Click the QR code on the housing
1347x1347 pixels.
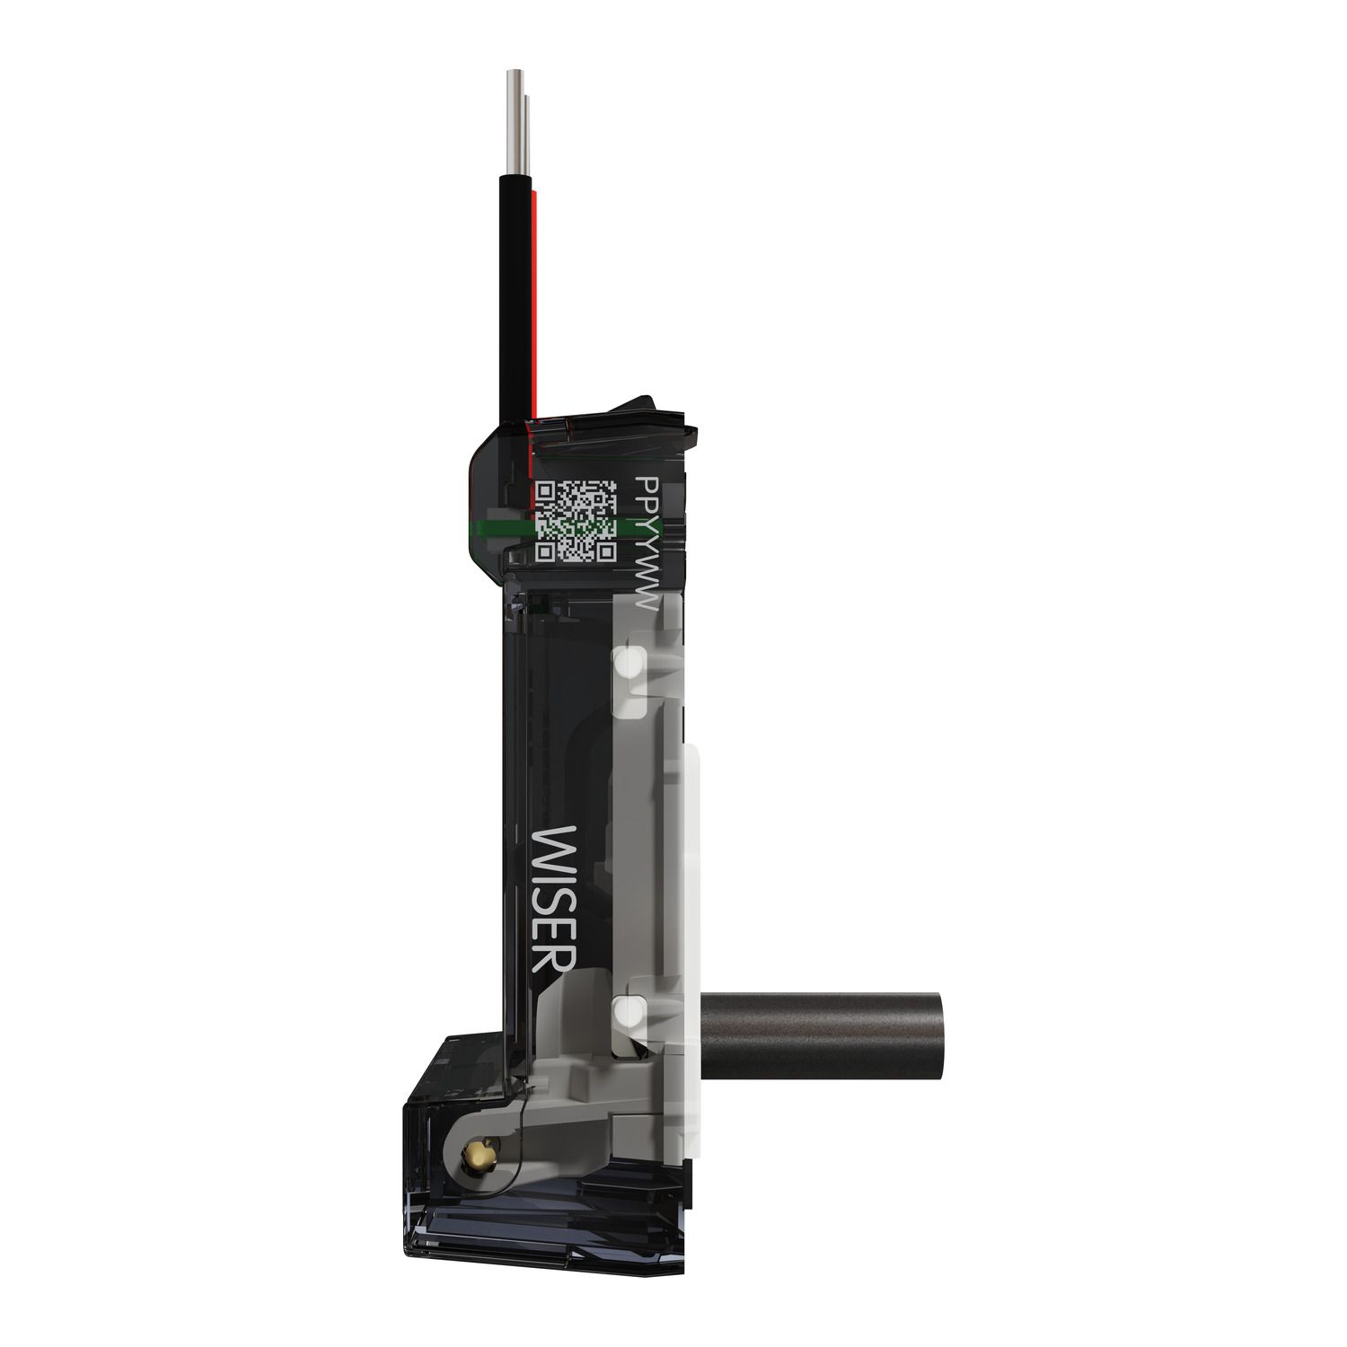click(576, 521)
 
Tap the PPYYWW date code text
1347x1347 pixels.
click(647, 544)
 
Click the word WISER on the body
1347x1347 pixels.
click(555, 899)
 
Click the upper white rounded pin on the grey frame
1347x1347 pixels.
click(629, 665)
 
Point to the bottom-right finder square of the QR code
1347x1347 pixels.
click(605, 550)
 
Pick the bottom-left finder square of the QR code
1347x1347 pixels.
click(546, 550)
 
